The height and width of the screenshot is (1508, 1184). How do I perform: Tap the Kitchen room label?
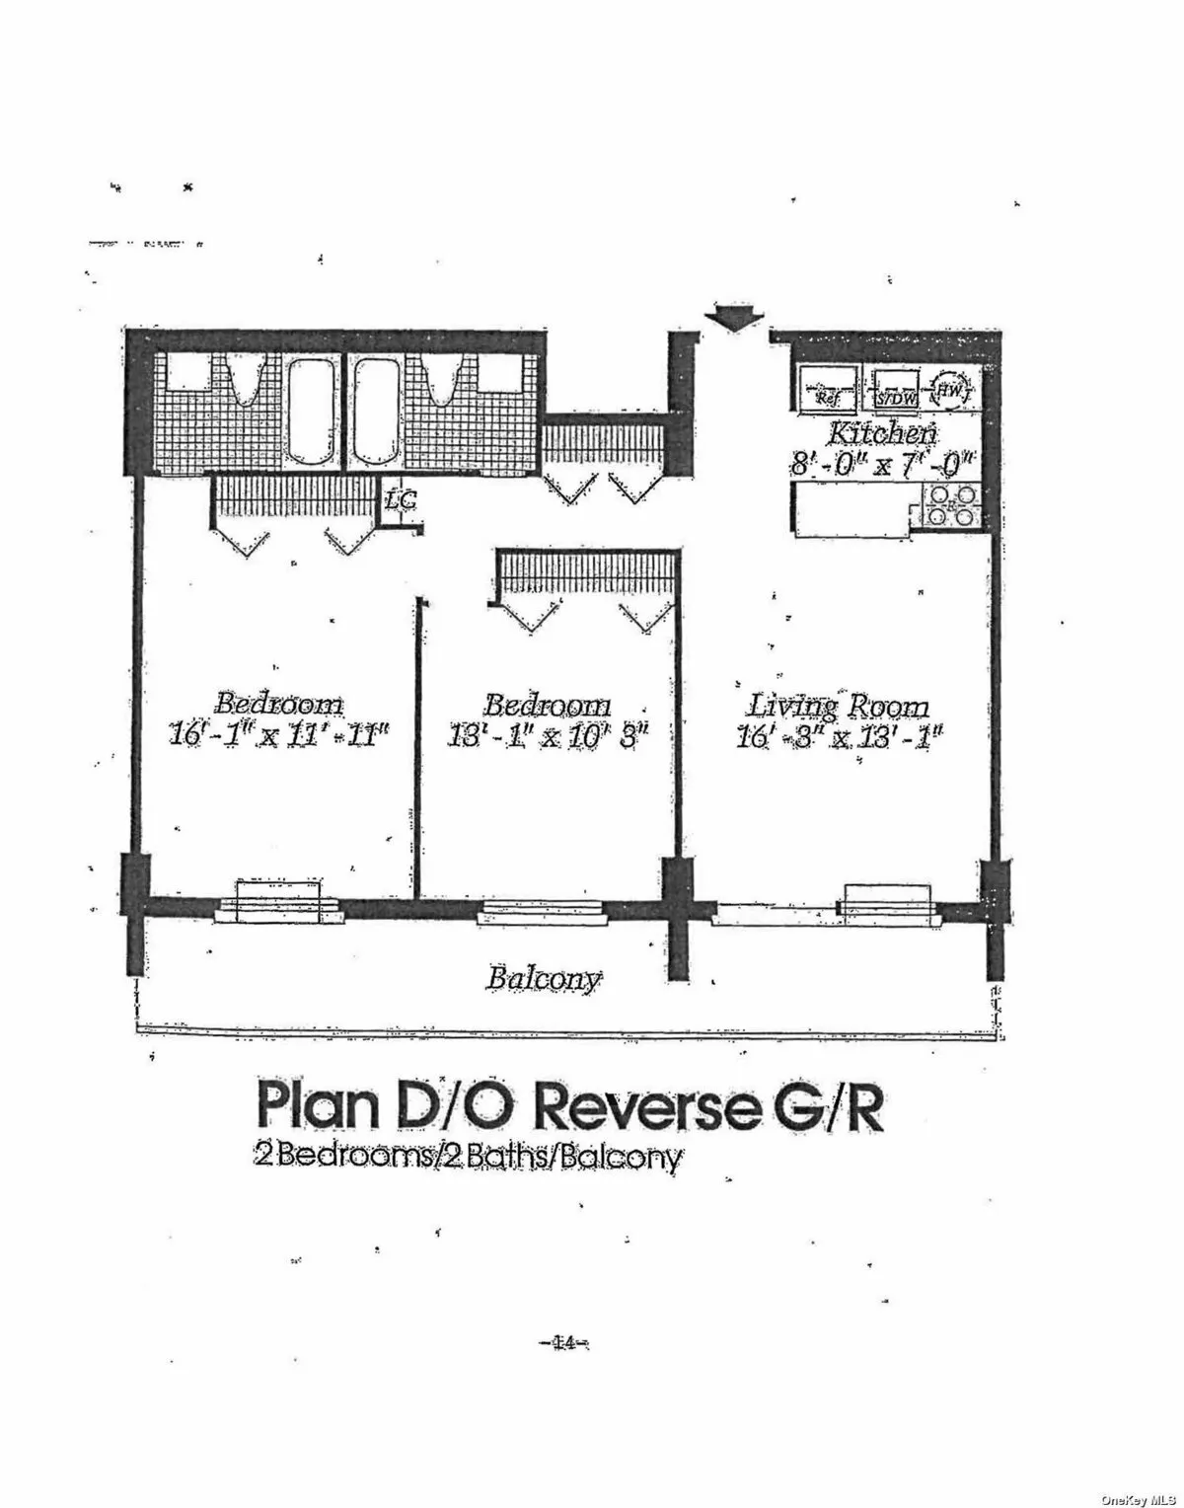click(882, 432)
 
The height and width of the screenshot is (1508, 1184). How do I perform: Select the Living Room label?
click(838, 707)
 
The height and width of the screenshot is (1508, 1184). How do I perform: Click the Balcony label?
click(542, 979)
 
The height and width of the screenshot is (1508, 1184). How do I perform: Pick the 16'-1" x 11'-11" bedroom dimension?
click(279, 736)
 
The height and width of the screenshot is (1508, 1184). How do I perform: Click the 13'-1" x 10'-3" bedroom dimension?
click(547, 736)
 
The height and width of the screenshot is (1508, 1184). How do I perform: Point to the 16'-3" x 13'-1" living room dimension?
click(838, 736)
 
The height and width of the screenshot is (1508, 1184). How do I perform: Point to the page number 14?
click(563, 1341)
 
